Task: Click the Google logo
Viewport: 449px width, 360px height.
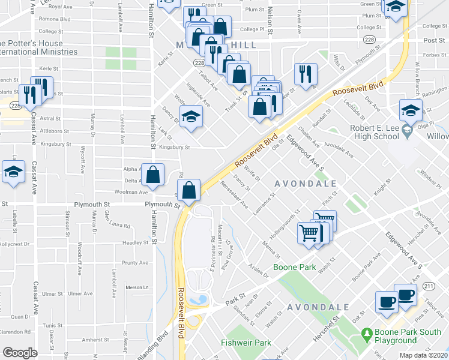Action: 20,352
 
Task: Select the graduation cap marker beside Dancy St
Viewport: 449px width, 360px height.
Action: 191,116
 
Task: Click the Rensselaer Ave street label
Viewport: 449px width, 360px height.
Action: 235,194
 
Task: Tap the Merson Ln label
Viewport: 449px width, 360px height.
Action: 136,287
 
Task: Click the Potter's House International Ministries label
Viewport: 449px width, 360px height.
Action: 40,47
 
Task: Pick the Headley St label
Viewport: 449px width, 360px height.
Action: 136,243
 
